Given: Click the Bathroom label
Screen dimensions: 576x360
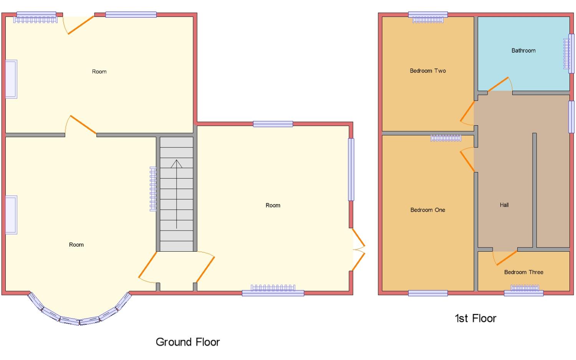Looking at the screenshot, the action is click(523, 51).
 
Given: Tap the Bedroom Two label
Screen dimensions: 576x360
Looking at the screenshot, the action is click(428, 71).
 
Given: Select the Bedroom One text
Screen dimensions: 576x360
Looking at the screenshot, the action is click(428, 210).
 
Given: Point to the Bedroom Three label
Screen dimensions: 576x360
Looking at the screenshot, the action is click(523, 272).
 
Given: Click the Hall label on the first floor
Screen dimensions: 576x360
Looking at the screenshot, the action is click(504, 205).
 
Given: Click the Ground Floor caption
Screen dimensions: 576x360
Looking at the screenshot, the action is click(188, 342).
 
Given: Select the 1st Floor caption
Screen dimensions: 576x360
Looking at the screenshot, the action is click(475, 319).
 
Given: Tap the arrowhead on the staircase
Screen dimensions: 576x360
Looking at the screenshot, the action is click(176, 164).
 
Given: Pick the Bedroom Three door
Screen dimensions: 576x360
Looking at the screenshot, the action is click(505, 258).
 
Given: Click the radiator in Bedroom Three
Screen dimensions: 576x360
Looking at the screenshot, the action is click(525, 288).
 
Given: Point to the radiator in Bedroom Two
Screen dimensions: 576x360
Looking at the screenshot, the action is click(428, 20).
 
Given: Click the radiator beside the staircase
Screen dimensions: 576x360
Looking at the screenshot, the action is click(153, 189).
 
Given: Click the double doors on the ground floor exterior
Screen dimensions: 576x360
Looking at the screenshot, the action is click(358, 249).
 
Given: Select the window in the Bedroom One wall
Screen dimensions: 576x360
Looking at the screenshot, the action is click(428, 293).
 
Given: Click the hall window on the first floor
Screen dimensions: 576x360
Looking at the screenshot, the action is click(571, 117).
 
